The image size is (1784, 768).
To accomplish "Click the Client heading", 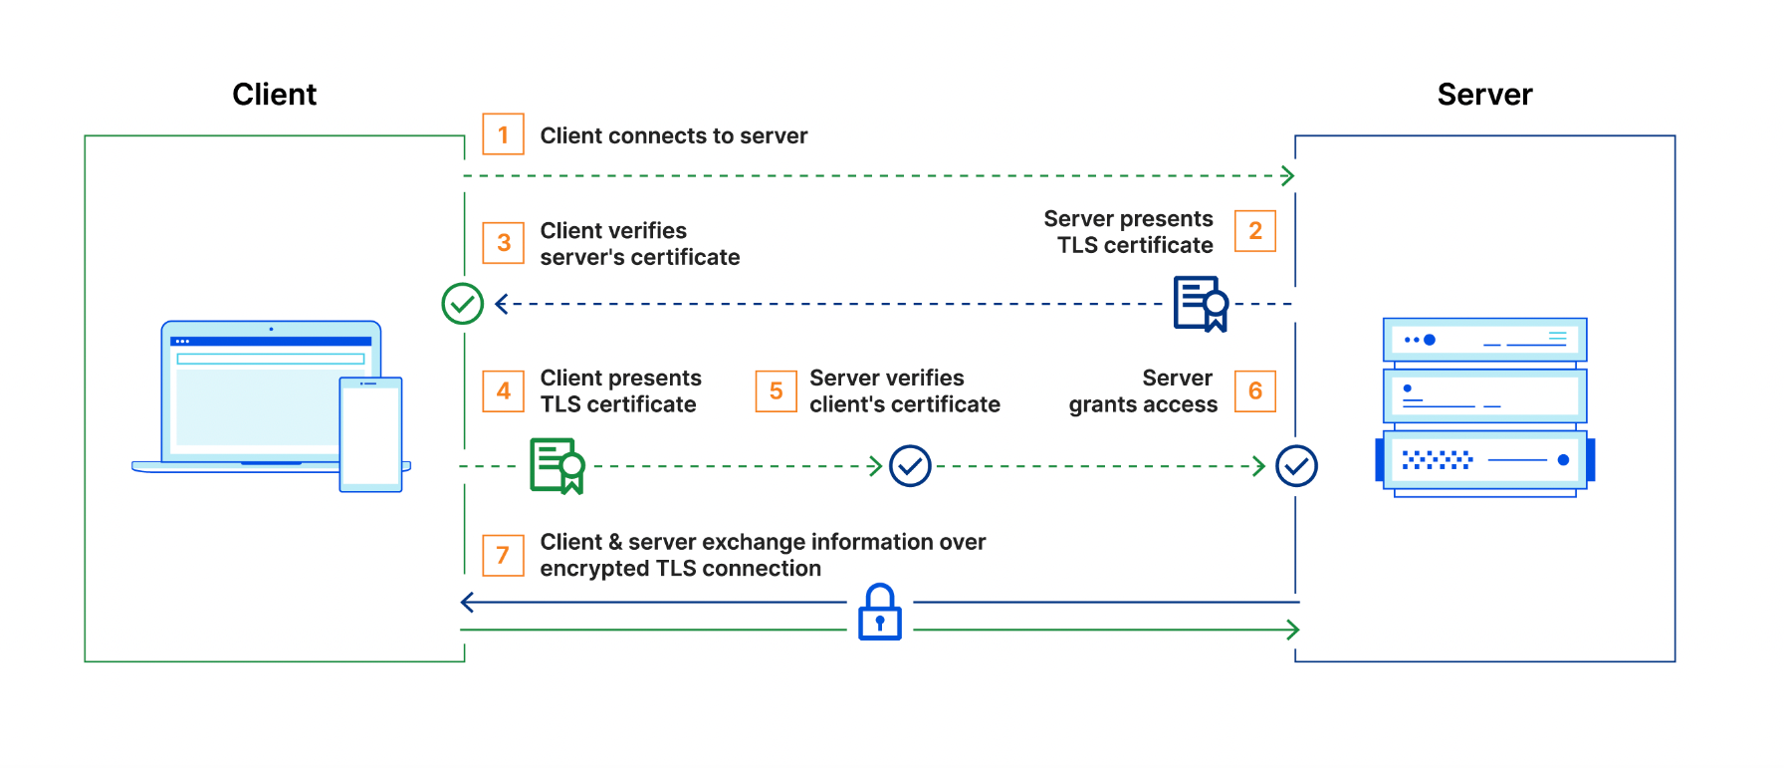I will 274,95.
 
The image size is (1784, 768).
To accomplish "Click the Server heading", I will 1484,95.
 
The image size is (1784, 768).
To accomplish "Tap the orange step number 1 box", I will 504,134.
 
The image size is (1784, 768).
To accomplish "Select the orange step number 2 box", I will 1254,231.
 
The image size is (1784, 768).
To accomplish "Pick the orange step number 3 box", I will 504,243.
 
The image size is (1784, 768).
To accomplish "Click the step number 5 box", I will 776,391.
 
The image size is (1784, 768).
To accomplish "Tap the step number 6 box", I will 1254,391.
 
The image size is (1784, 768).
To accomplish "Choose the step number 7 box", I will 504,555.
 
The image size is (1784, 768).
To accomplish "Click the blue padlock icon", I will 880,613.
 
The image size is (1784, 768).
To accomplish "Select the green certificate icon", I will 557,465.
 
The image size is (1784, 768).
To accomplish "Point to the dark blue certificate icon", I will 1201,304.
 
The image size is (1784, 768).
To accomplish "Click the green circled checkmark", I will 463,304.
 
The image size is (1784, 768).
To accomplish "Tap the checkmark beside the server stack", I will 1296,465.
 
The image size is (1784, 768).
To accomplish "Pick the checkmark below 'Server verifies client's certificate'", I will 910,465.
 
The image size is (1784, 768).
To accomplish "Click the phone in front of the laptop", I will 370,434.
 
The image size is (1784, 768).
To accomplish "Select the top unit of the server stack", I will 1484,340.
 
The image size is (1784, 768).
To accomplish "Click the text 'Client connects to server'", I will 674,135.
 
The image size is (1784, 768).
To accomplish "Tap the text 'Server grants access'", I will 1143,391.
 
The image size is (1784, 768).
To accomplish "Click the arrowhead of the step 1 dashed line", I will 1288,176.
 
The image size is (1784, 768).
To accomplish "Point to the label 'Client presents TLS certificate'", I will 620,391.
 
